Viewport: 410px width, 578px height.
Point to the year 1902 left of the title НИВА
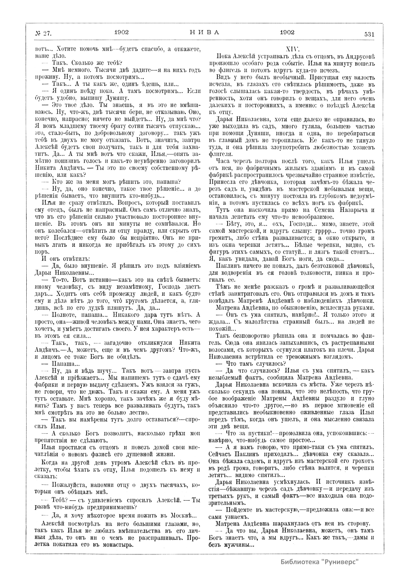(x=121, y=32)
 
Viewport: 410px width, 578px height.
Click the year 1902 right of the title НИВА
(x=287, y=32)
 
